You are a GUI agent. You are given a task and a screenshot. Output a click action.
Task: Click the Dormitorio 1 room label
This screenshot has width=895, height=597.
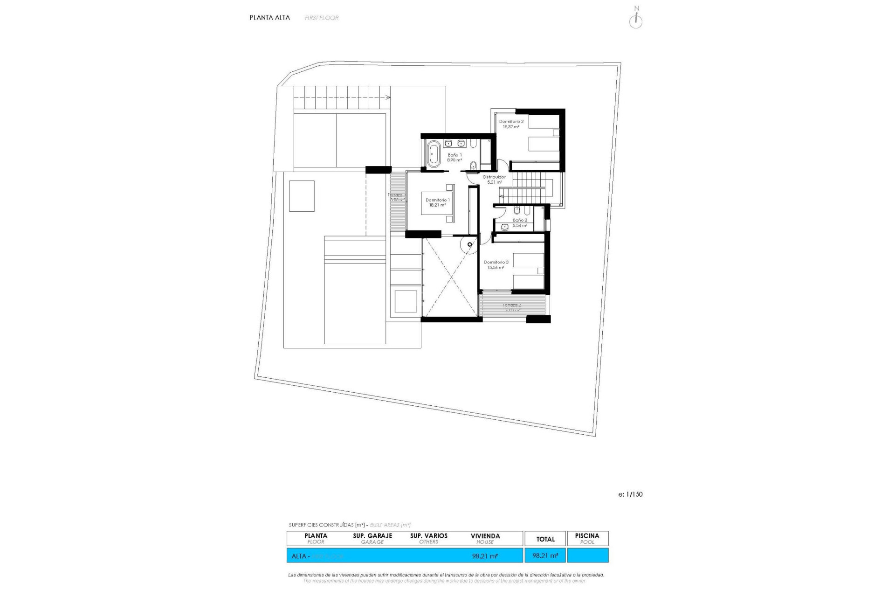coord(437,200)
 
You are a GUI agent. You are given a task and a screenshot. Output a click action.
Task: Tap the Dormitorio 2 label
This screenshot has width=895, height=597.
coord(511,122)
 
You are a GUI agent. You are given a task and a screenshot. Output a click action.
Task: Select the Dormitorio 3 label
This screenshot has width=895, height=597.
coord(496,263)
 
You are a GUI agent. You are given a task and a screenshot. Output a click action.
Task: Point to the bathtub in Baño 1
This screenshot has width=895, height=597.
coord(434,153)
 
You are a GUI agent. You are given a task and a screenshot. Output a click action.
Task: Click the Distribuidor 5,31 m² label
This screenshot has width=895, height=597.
coord(494,180)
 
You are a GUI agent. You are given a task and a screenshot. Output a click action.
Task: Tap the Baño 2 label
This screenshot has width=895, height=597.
coord(520,220)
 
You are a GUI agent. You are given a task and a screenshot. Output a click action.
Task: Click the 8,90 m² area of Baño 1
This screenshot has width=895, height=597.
coord(454,160)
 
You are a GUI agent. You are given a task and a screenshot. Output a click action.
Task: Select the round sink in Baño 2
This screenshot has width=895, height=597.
coord(505,227)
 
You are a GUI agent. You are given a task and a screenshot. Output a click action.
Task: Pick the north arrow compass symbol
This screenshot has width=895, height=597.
coord(636,20)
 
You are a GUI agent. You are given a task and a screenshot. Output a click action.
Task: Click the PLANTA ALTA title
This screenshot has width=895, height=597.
coord(269,18)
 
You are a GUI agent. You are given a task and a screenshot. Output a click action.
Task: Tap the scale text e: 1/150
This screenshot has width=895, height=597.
coord(630,494)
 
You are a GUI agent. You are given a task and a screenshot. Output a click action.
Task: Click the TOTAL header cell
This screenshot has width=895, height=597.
coord(545,539)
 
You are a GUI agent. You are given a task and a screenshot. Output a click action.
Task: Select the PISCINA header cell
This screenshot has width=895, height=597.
coord(587,539)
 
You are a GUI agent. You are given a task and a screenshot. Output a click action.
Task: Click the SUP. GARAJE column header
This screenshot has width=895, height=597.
coord(372,539)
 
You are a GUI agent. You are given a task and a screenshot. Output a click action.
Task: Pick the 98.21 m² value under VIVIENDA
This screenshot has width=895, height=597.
coord(485,556)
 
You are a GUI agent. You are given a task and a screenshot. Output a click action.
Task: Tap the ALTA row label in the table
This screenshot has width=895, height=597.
coord(299,556)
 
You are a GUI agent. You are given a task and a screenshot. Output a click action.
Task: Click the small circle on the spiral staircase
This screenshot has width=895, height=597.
coord(470,244)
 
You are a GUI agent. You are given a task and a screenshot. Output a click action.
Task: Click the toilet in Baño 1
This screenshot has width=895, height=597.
coord(474,165)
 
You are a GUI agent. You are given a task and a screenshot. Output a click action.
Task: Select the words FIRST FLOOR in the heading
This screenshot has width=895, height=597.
coord(322,18)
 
